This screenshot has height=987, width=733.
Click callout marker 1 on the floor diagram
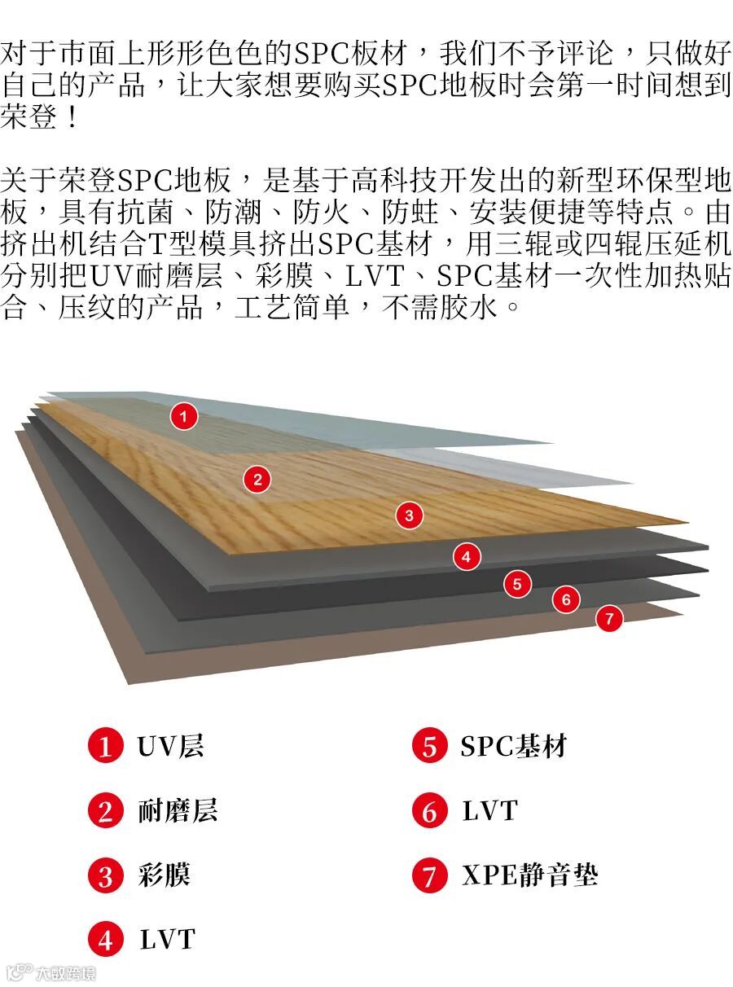[x=184, y=417]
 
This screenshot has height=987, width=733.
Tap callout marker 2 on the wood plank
[x=257, y=479]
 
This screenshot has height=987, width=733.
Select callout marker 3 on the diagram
[x=409, y=515]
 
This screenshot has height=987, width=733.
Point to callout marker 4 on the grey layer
[x=466, y=557]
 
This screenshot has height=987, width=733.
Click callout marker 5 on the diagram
[x=517, y=583]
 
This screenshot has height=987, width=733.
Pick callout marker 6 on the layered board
[x=566, y=600]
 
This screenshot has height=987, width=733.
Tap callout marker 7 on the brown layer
[x=608, y=618]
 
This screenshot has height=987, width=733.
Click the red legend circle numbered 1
[x=105, y=747]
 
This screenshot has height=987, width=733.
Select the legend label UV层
[x=170, y=746]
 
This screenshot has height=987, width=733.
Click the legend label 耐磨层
[x=178, y=811]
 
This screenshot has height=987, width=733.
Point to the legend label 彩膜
[x=164, y=876]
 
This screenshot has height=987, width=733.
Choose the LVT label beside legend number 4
[x=168, y=941]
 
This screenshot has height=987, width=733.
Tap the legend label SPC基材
[x=513, y=746]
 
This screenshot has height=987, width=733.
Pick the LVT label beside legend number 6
[x=489, y=811]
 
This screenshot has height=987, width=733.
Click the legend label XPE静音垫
[x=530, y=876]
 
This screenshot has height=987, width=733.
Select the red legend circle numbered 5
[x=429, y=747]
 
